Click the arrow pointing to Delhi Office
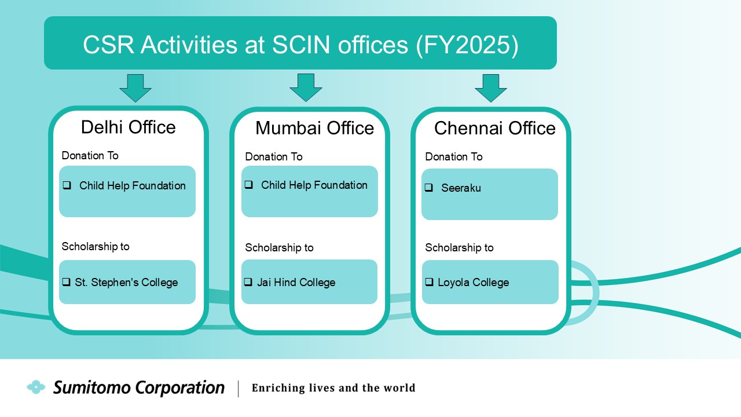pyautogui.click(x=135, y=88)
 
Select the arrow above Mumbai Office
pyautogui.click(x=306, y=87)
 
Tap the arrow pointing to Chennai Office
pyautogui.click(x=490, y=88)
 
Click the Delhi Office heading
pyautogui.click(x=129, y=127)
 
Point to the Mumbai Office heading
pyautogui.click(x=314, y=128)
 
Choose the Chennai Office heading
pyautogui.click(x=495, y=128)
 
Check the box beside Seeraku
pyautogui.click(x=429, y=188)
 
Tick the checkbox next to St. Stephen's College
pyautogui.click(x=66, y=282)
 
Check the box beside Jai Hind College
pyautogui.click(x=248, y=282)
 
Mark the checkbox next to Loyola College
pyautogui.click(x=429, y=282)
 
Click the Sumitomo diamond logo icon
pyautogui.click(x=36, y=387)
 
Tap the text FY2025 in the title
pyautogui.click(x=467, y=45)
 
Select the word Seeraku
pyautogui.click(x=461, y=188)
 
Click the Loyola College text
pyautogui.click(x=474, y=282)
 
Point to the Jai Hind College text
pyautogui.click(x=296, y=282)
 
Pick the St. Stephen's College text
pyautogui.click(x=126, y=282)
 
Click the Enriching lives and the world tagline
pyautogui.click(x=333, y=387)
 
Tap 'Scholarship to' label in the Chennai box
pyautogui.click(x=459, y=247)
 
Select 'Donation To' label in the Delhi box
pyautogui.click(x=90, y=156)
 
